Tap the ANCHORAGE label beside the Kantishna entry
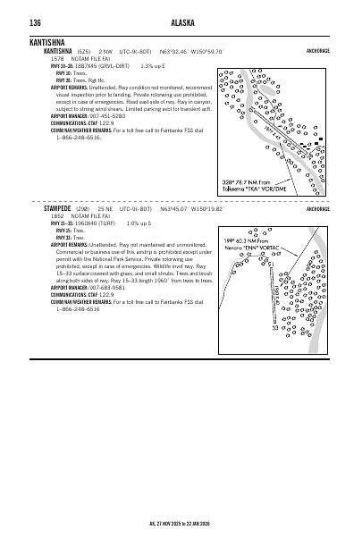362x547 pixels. [x=317, y=52]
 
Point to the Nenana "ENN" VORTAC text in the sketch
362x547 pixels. [x=259, y=247]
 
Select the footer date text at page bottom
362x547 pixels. [x=181, y=524]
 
